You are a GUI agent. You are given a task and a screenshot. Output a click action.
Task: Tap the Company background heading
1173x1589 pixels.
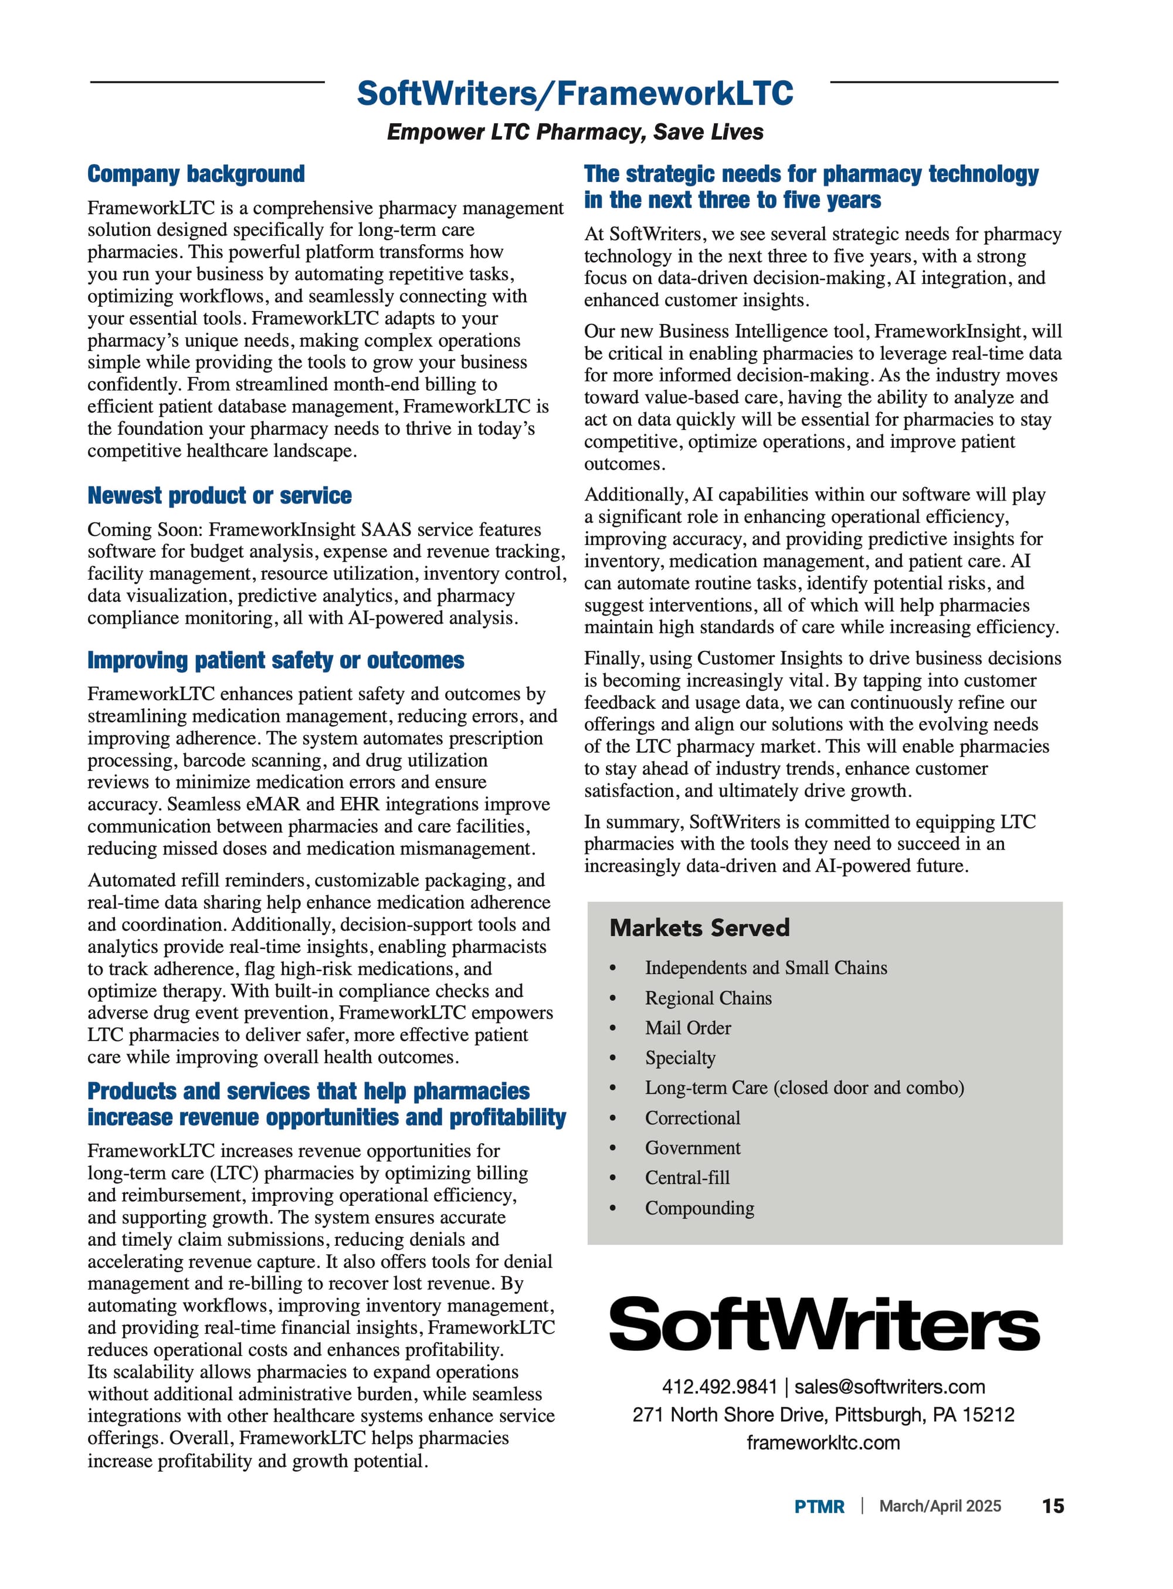tap(196, 174)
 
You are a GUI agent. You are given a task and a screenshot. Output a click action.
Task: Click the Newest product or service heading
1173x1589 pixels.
tap(219, 496)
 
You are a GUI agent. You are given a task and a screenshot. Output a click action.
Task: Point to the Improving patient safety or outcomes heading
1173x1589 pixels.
tap(276, 661)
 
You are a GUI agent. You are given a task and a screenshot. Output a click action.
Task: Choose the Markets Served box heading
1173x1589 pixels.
tap(699, 928)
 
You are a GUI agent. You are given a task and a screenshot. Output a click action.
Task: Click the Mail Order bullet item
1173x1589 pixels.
tap(687, 1028)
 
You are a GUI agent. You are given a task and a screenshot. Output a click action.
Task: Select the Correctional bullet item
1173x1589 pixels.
tap(692, 1118)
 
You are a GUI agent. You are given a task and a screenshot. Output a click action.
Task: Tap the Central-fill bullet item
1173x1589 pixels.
tap(687, 1178)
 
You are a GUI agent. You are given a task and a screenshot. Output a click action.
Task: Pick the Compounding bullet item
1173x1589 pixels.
tap(699, 1208)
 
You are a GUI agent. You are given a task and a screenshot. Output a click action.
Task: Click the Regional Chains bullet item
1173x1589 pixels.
tap(708, 998)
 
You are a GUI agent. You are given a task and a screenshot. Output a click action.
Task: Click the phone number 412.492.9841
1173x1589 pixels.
tap(719, 1387)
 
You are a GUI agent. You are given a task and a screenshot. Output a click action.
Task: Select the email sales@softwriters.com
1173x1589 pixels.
tap(890, 1387)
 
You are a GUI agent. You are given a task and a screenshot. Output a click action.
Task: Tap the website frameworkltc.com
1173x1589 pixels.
tap(823, 1443)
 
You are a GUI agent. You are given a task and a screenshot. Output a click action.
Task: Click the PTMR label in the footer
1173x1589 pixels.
tap(819, 1507)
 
